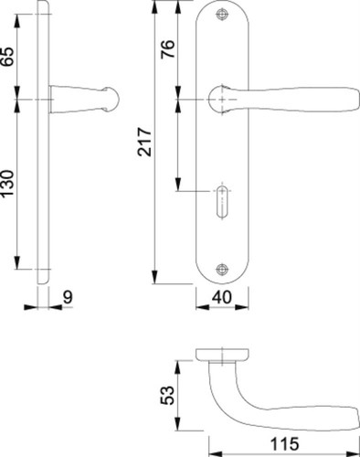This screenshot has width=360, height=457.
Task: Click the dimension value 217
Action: [x=144, y=142]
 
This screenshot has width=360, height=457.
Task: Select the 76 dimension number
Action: [x=168, y=48]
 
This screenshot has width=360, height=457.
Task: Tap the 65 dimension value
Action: [x=7, y=57]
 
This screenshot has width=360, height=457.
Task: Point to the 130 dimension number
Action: [x=7, y=184]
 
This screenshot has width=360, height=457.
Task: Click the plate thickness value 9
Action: [x=68, y=297]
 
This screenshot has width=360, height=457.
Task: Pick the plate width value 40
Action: [x=222, y=297]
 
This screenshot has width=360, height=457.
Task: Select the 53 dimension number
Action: [x=168, y=396]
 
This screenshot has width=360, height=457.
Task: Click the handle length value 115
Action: [x=285, y=444]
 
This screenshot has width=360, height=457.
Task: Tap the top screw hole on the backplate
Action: [x=222, y=14]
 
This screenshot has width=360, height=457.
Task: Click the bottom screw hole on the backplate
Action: [x=222, y=269]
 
